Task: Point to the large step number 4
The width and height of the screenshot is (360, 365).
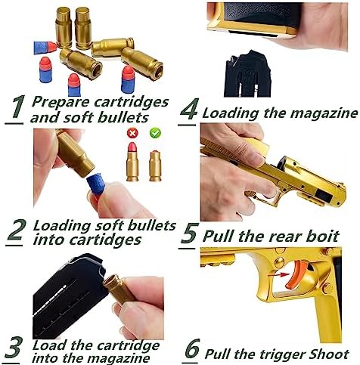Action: pyautogui.click(x=189, y=109)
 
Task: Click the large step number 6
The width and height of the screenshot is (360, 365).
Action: pyautogui.click(x=193, y=349)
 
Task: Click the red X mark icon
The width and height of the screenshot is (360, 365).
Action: pyautogui.click(x=132, y=133)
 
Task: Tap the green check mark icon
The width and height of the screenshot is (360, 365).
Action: pyautogui.click(x=155, y=133)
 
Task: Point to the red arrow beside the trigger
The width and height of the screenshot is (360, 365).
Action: pyautogui.click(x=278, y=275)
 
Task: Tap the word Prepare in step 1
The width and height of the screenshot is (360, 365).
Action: pyautogui.click(x=61, y=103)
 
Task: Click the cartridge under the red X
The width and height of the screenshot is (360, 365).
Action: pyautogui.click(x=132, y=162)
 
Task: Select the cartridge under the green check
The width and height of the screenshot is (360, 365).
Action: pyautogui.click(x=155, y=166)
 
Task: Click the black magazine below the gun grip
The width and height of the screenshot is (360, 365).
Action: pyautogui.click(x=247, y=74)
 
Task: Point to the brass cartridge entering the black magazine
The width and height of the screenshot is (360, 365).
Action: pyautogui.click(x=118, y=289)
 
